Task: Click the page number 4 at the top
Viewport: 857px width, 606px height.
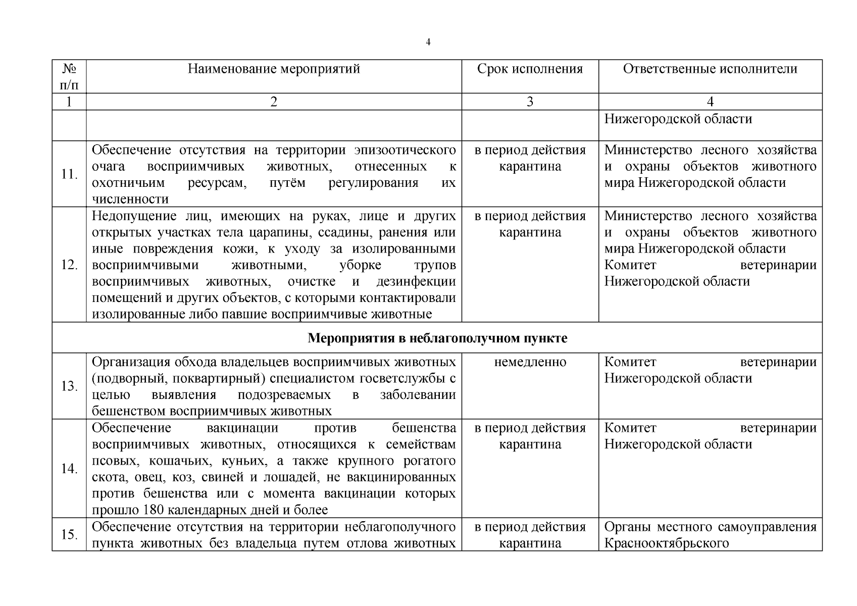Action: [x=428, y=42]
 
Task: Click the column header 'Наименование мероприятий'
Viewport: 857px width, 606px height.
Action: [x=274, y=69]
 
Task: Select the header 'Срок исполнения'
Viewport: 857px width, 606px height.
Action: [x=530, y=69]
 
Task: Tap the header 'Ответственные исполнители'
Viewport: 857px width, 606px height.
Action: [x=710, y=69]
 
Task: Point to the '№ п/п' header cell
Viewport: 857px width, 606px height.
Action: [x=69, y=76]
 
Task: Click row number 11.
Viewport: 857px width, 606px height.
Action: [x=69, y=174]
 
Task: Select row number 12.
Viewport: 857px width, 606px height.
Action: [x=69, y=265]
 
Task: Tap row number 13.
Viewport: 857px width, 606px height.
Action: [x=69, y=386]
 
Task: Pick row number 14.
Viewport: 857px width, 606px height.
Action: [x=69, y=469]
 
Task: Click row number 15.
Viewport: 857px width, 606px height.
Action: [x=69, y=534]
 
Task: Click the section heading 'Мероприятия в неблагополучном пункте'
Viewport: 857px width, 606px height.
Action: [x=437, y=338]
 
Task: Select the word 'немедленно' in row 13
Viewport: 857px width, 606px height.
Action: [x=530, y=362]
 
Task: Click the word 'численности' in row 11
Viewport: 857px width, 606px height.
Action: [x=130, y=199]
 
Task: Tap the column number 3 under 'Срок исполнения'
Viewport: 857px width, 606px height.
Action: [x=530, y=102]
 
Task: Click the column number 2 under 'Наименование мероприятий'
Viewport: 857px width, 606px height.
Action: [x=274, y=102]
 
